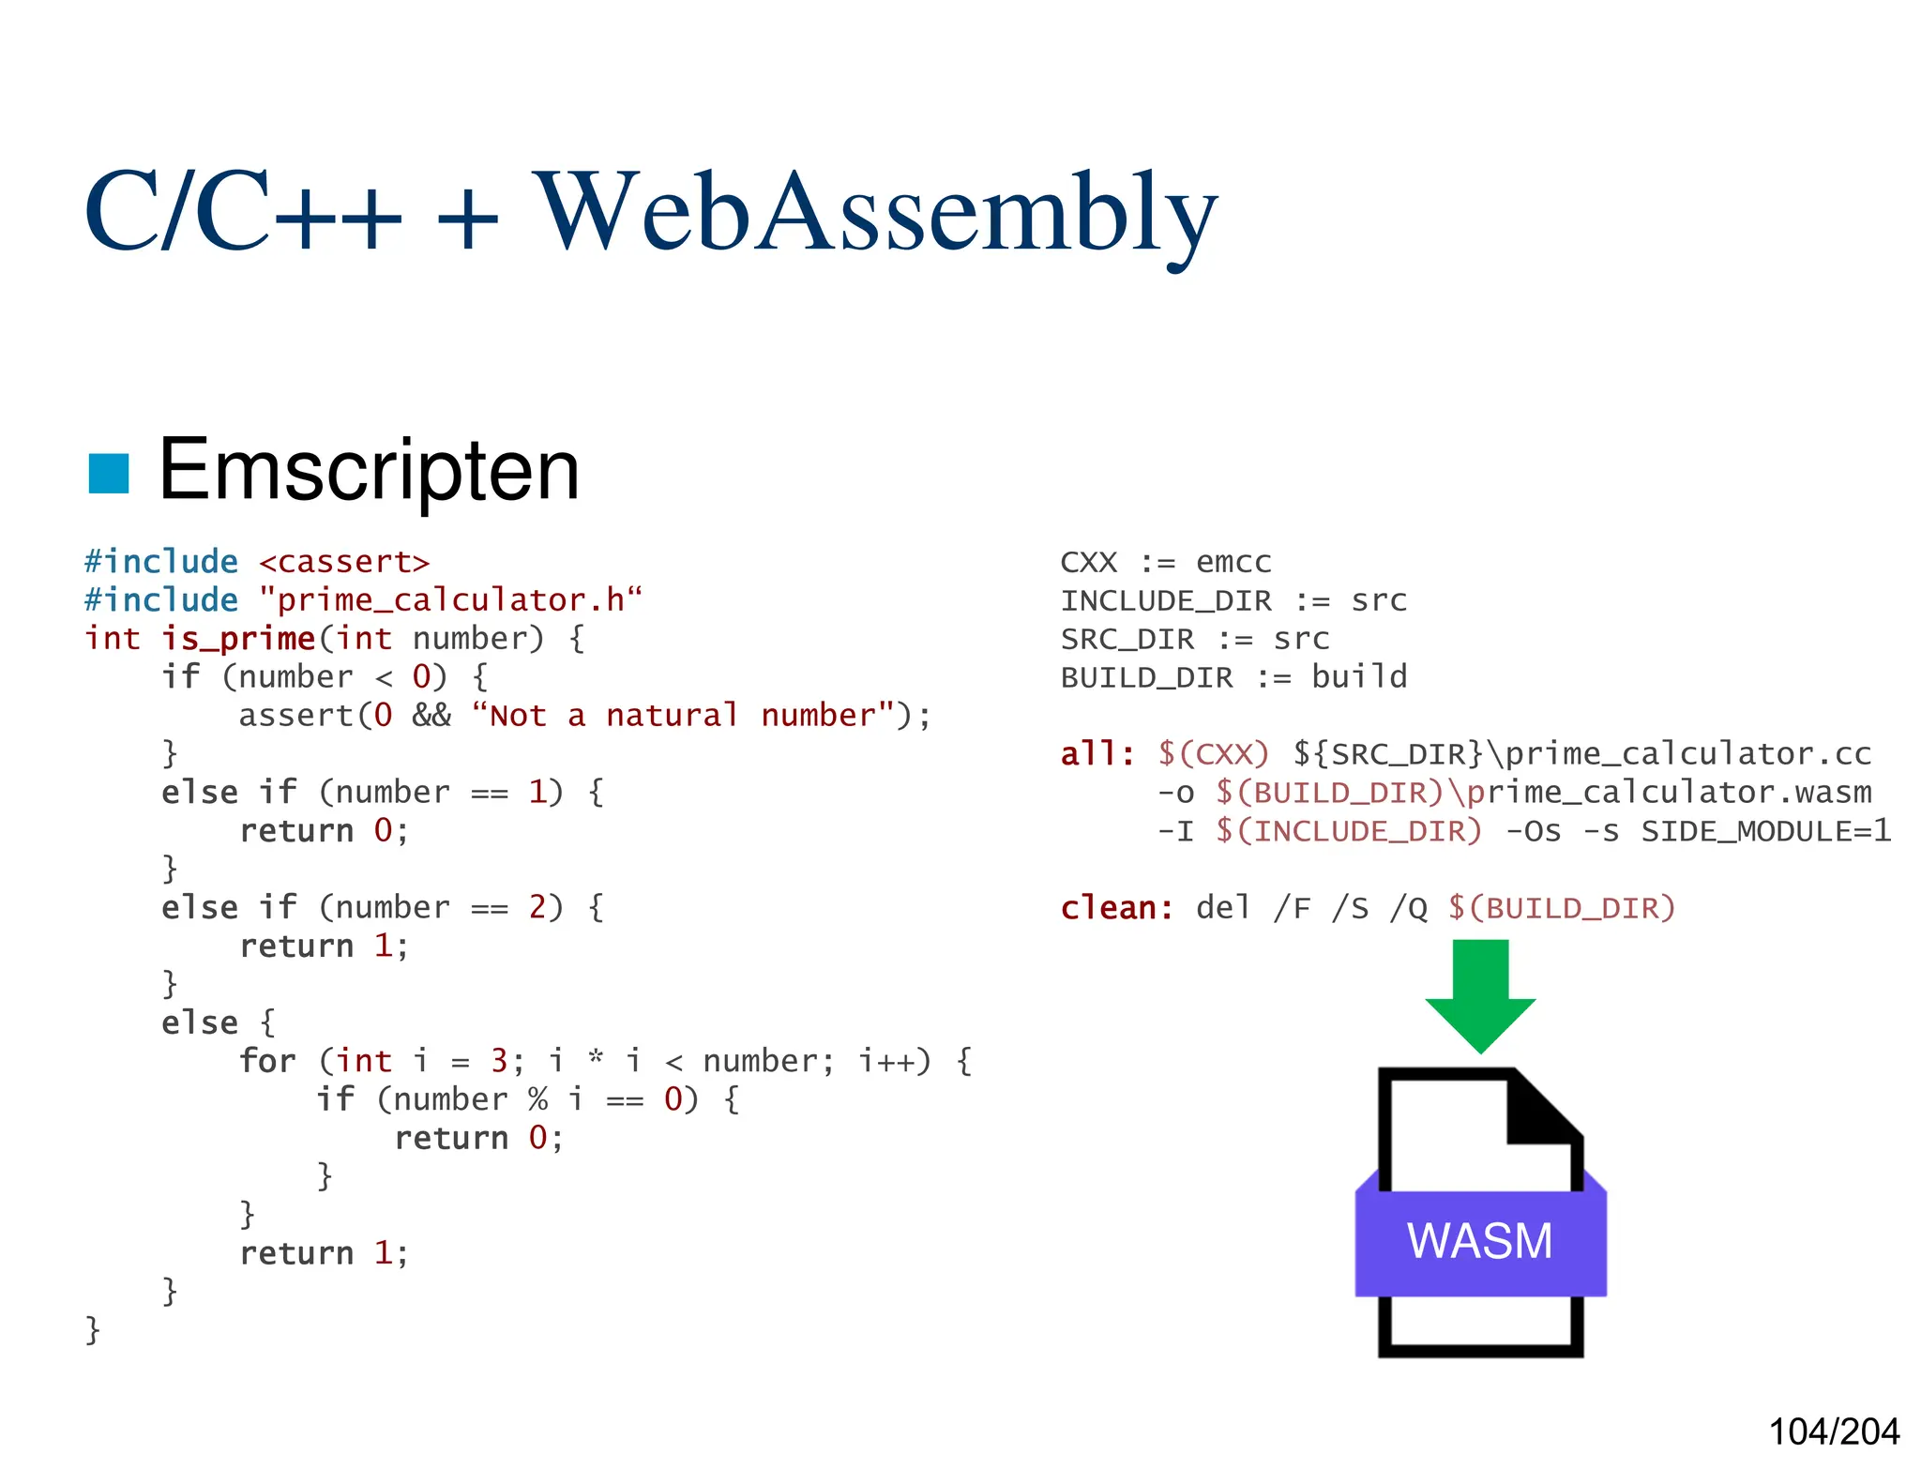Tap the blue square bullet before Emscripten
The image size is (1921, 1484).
[x=109, y=473]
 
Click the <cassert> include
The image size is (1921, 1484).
[x=343, y=562]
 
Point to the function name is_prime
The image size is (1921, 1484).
[x=238, y=639]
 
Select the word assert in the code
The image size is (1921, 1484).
[x=295, y=716]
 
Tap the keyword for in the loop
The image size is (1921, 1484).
[x=267, y=1061]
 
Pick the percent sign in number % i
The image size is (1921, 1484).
[x=537, y=1099]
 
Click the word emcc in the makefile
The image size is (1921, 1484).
[x=1233, y=562]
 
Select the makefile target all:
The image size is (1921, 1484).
[x=1097, y=754]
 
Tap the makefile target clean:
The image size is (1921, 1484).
[x=1116, y=908]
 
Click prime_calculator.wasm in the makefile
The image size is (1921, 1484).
[x=1669, y=793]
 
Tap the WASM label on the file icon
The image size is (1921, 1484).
[x=1479, y=1241]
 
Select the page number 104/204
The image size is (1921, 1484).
[x=1833, y=1431]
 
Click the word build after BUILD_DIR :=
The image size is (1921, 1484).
[x=1359, y=677]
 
